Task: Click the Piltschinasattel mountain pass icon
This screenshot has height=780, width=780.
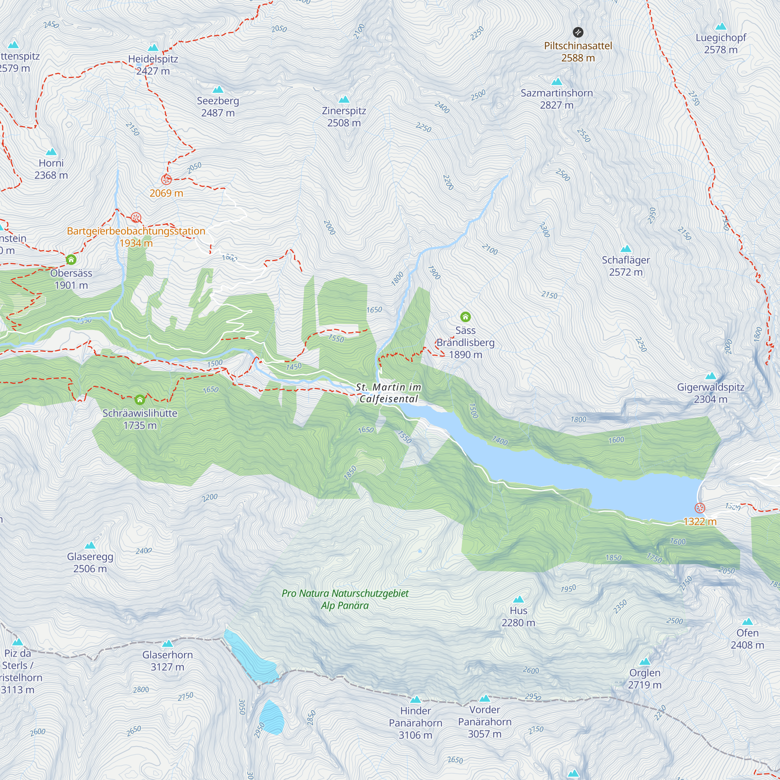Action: (578, 32)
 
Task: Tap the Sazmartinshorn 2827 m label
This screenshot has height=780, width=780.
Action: (557, 99)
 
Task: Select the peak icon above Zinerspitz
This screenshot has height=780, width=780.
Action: (344, 99)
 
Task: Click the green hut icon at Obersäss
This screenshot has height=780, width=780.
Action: (71, 259)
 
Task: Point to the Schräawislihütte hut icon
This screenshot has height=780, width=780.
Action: (140, 400)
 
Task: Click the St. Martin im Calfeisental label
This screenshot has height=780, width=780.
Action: (388, 393)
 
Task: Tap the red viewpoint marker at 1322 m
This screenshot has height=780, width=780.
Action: (700, 508)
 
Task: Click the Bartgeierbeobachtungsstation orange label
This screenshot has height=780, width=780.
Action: (136, 231)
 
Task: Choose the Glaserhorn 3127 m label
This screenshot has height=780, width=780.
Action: (167, 661)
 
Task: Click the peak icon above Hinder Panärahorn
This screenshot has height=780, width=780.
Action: (415, 699)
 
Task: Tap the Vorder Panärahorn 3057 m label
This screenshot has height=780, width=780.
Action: (484, 721)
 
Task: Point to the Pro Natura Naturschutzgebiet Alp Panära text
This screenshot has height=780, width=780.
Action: (345, 599)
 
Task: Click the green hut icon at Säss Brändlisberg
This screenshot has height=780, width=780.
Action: (465, 317)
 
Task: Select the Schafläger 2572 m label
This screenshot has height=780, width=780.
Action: (626, 266)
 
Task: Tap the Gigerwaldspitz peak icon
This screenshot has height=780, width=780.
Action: (710, 376)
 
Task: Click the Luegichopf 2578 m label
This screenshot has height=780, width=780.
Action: (721, 44)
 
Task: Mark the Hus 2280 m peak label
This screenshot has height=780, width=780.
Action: (518, 617)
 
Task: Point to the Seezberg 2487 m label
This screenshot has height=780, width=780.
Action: (218, 106)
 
